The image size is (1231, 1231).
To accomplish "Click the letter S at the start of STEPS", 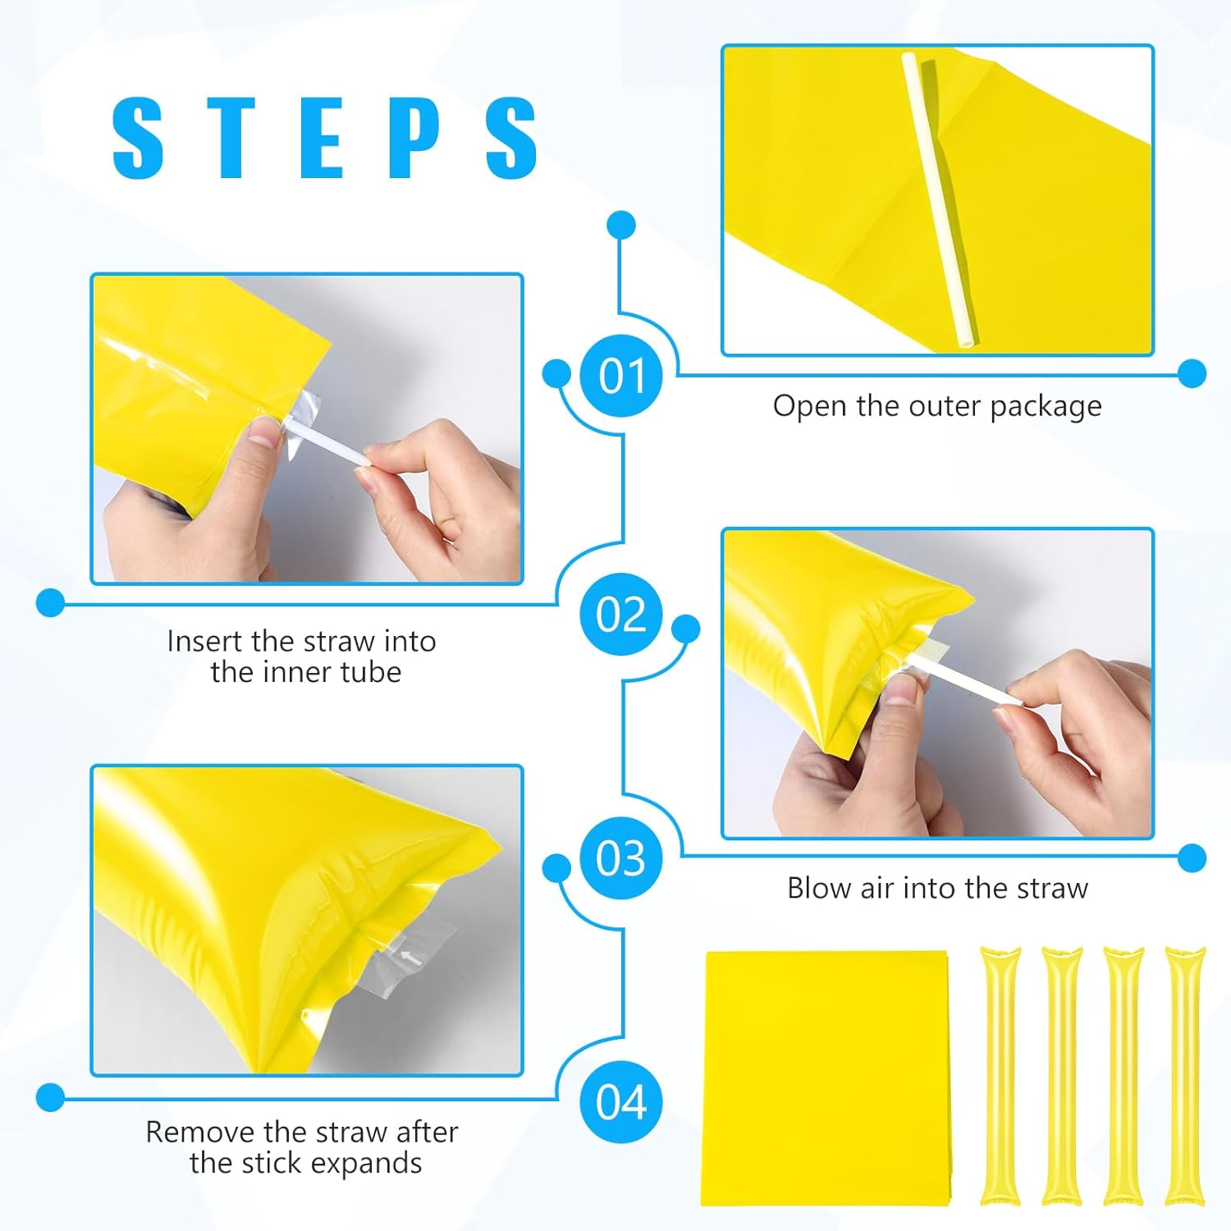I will tap(138, 137).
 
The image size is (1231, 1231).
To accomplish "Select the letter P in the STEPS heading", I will tap(413, 137).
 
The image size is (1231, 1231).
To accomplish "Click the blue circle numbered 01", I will tap(621, 376).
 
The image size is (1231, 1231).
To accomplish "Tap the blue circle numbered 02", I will tap(621, 614).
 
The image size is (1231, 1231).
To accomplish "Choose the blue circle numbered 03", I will tap(621, 858).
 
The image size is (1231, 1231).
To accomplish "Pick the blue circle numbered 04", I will tap(621, 1101).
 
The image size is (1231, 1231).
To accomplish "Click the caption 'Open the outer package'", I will tap(937, 406).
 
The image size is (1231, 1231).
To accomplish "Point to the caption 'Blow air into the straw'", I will tap(937, 888).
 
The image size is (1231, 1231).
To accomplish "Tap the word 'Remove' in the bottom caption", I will tap(199, 1132).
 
